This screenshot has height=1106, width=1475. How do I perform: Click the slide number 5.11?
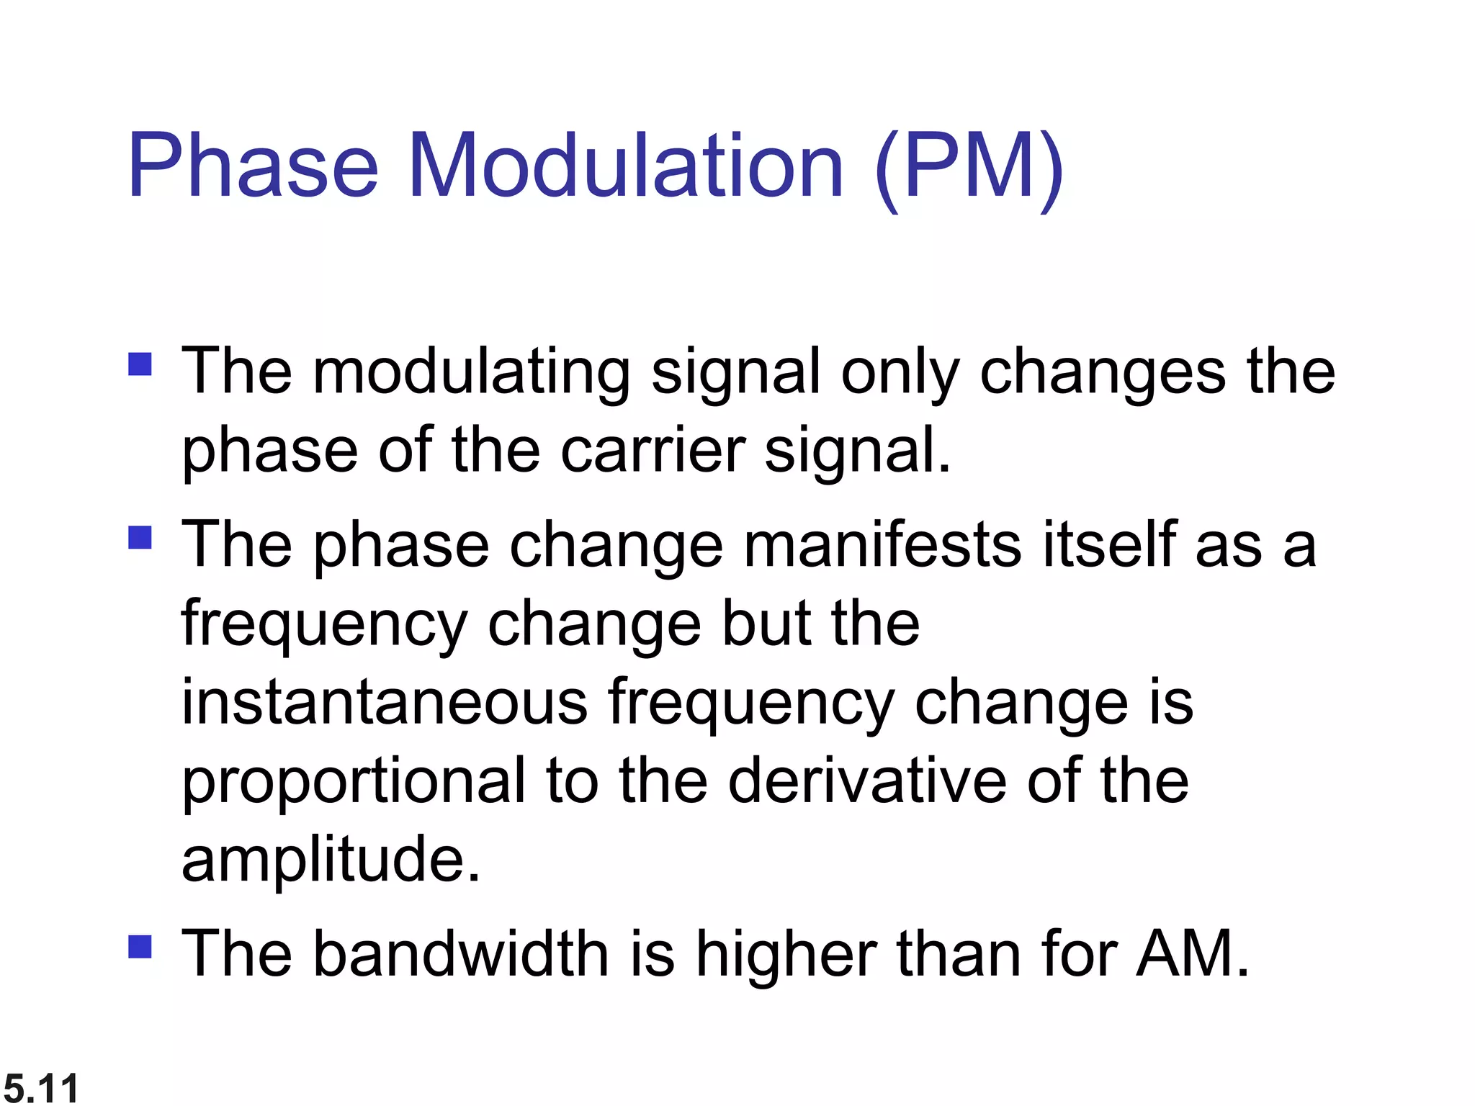coord(41,1087)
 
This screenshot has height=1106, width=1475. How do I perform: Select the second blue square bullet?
coord(140,537)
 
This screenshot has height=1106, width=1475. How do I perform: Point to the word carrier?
coord(653,451)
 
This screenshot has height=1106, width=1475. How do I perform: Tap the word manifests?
coord(882,545)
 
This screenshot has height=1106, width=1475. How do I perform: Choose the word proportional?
coord(353,782)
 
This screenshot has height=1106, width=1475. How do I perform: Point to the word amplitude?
coord(330,860)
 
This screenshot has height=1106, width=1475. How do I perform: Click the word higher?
coord(786,955)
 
